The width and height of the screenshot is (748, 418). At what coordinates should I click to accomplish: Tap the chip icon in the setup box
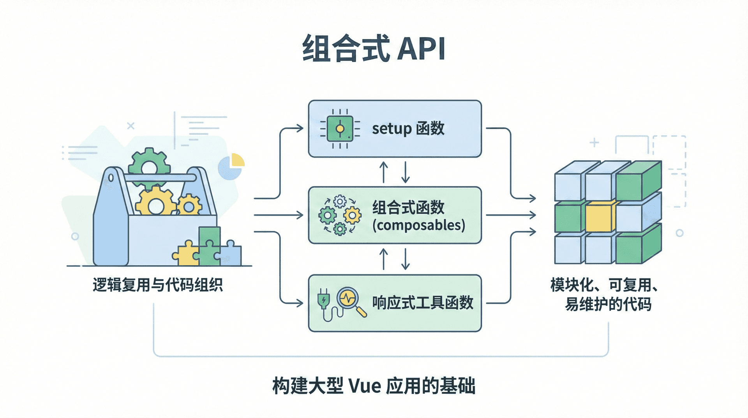coord(340,129)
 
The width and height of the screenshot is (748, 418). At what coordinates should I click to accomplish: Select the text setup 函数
coord(408,129)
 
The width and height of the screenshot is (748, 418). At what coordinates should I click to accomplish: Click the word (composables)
coord(418,225)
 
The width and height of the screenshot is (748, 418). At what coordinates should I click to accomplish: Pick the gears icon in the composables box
coord(340,215)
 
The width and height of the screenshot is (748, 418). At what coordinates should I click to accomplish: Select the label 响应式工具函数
coord(422,303)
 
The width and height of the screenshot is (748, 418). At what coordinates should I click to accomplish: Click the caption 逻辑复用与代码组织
coord(157,285)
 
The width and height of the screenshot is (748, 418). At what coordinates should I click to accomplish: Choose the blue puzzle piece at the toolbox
coord(231,255)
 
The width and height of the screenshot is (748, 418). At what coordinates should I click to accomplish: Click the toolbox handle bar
coord(160,178)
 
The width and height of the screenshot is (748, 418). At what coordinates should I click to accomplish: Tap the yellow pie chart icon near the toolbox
coord(237,161)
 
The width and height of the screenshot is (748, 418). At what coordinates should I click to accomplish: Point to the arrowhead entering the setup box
coord(300,128)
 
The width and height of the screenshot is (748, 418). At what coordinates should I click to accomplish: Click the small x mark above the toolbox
coord(131,126)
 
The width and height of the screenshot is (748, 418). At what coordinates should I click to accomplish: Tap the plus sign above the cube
coord(594,143)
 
